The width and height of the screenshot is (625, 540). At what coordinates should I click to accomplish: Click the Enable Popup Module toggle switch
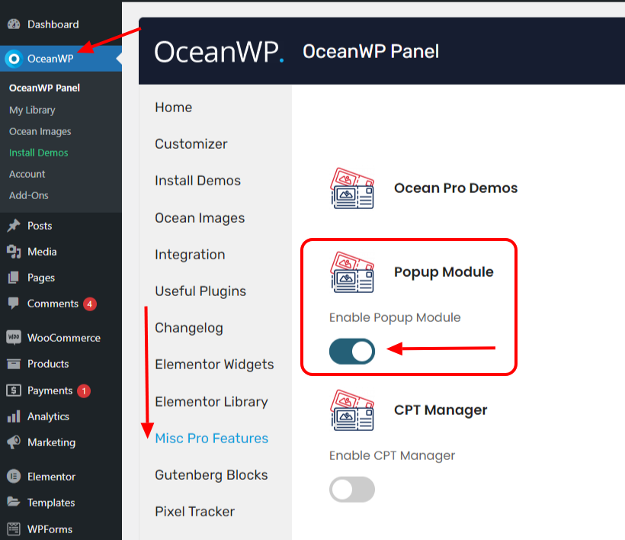[x=352, y=351]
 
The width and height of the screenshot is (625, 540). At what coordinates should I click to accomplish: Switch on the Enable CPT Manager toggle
[x=352, y=489]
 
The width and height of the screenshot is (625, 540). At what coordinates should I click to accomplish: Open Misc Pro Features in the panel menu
[x=211, y=439]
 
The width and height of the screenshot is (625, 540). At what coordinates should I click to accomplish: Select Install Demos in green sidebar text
[x=38, y=153]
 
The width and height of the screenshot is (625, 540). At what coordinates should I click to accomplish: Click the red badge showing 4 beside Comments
[x=90, y=304]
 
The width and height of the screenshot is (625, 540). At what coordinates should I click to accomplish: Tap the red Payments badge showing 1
[x=84, y=391]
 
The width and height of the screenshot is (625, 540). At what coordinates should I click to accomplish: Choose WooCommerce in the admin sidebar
[x=63, y=338]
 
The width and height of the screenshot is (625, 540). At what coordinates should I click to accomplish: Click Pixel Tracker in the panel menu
[x=194, y=512]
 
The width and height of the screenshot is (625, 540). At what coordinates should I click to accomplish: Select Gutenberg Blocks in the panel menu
[x=211, y=475]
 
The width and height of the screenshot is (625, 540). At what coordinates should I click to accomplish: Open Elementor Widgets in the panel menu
[x=214, y=365]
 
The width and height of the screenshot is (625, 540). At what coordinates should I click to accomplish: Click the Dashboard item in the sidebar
[x=53, y=24]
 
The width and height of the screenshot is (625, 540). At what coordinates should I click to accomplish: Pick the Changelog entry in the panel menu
[x=189, y=328]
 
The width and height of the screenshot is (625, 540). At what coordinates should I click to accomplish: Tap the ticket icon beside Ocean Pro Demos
[x=353, y=188]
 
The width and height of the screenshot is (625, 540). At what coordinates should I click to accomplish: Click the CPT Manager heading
[x=441, y=410]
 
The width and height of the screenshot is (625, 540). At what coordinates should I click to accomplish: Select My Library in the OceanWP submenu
[x=32, y=110]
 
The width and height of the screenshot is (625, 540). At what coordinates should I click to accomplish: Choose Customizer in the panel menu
[x=191, y=144]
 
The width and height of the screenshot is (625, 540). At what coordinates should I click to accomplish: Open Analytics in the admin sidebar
[x=48, y=416]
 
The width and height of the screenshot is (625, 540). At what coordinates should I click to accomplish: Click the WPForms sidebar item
[x=50, y=529]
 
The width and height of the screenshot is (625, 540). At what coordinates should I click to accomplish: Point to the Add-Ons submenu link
[x=28, y=195]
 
